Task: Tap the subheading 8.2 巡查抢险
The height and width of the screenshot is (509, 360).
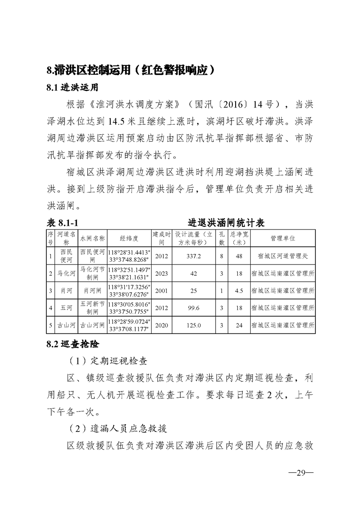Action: coord(73,344)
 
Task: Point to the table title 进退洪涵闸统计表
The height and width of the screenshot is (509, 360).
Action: coord(227,223)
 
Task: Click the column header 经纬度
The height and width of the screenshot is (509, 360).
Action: coord(129,238)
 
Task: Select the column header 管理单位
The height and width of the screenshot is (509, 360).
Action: coord(282,238)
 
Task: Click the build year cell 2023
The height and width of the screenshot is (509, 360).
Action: coord(161,274)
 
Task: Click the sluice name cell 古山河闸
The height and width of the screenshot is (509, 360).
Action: coord(92,325)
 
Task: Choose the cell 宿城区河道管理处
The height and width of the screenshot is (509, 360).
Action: coord(282,256)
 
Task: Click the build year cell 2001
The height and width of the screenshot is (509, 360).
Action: coord(161,290)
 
